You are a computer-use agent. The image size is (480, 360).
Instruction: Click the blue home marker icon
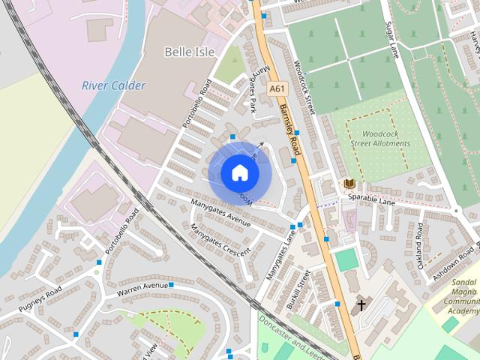tap(239, 173)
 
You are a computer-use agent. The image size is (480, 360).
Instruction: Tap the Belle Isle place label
tap(190, 52)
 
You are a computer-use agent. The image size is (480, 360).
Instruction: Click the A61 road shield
tap(277, 88)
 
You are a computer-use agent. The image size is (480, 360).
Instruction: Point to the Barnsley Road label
tap(289, 130)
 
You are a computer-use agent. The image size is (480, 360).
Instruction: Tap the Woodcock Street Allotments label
tap(380, 138)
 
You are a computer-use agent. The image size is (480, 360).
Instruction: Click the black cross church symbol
tap(361, 304)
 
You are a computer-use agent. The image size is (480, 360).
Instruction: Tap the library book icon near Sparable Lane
tap(349, 183)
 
